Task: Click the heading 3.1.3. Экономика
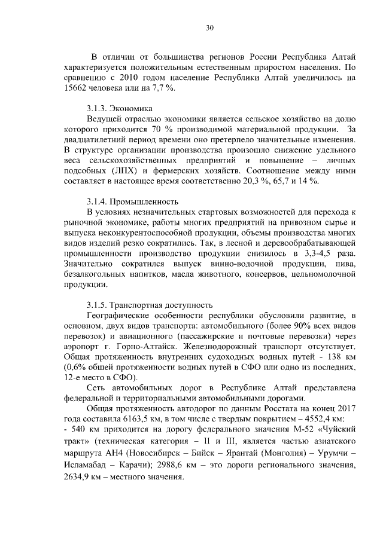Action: click(x=119, y=108)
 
